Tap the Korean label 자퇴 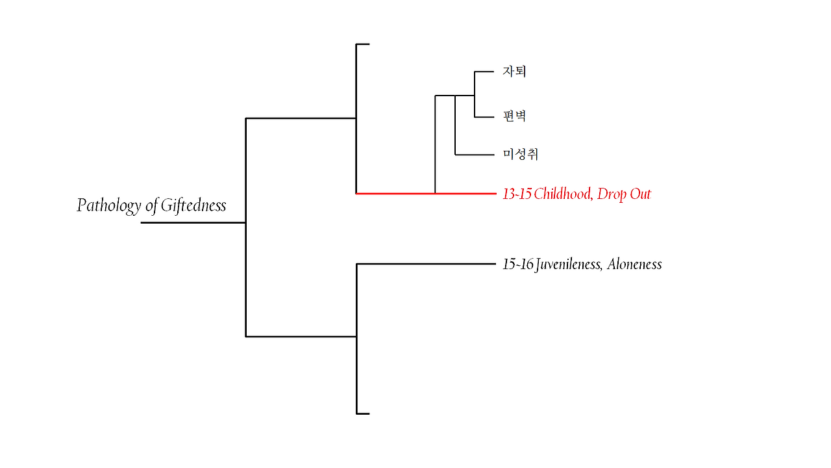514,71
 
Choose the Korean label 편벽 514,116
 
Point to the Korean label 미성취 521,155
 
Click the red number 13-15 517,194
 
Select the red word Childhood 562,194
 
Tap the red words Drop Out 624,194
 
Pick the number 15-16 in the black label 517,264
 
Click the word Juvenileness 568,265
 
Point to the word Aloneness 634,264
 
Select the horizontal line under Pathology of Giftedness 193,222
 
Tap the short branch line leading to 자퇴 485,71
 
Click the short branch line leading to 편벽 485,117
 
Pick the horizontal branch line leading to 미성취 475,155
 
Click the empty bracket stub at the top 363,44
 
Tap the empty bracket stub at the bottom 363,413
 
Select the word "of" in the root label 151,206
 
